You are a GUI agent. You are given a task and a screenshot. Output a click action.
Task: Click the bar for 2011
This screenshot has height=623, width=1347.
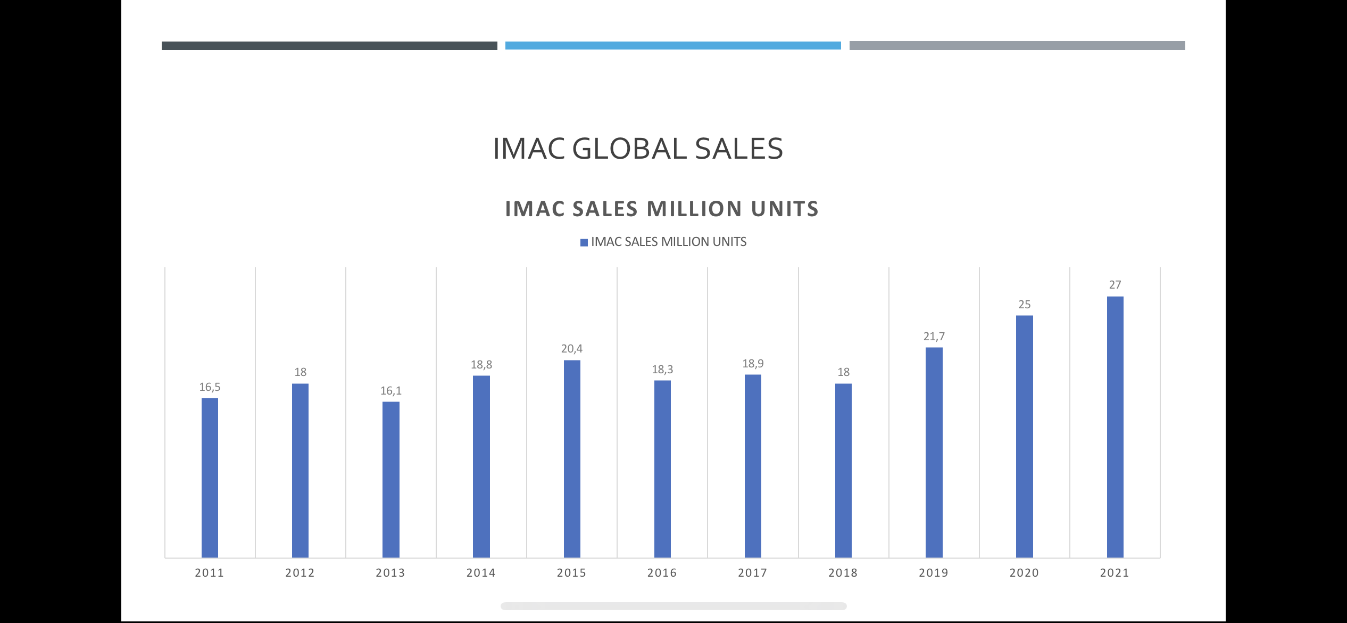click(210, 478)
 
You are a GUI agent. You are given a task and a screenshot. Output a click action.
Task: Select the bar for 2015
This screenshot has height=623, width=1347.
click(572, 459)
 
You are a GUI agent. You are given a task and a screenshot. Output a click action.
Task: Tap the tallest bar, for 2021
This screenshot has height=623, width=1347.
click(1115, 427)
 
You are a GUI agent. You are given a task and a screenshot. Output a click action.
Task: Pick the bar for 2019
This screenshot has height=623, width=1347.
click(934, 453)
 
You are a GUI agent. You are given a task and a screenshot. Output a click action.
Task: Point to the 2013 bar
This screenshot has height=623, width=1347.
click(390, 480)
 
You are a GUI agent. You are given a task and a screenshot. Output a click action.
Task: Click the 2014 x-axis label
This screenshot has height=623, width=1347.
click(481, 573)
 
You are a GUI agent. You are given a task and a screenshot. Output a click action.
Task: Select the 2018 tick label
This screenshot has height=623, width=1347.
click(843, 573)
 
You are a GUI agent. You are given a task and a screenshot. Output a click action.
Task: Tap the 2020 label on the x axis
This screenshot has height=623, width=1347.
click(1024, 573)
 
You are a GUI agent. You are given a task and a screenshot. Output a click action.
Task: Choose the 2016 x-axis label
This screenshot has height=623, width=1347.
click(662, 573)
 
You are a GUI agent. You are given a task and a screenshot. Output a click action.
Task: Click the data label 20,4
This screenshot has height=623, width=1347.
click(572, 349)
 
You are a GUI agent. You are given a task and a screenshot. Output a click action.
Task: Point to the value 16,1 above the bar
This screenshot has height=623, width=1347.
click(390, 391)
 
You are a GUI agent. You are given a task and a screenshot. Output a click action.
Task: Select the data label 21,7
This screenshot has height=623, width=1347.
click(934, 337)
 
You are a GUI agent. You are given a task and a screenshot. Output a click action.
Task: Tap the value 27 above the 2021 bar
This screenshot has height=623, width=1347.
click(1115, 285)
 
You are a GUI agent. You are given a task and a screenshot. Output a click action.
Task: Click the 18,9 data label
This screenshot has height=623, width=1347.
click(753, 364)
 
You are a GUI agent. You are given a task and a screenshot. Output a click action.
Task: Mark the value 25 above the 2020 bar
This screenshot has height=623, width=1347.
click(1024, 305)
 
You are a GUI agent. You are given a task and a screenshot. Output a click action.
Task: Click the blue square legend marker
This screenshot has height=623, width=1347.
click(584, 243)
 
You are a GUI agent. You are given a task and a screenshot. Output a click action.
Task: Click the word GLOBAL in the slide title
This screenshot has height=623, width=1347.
click(629, 149)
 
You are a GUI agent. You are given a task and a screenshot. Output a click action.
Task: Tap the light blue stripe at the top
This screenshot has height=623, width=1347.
click(673, 46)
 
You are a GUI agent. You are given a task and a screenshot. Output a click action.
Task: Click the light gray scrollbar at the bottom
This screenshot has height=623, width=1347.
click(673, 606)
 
